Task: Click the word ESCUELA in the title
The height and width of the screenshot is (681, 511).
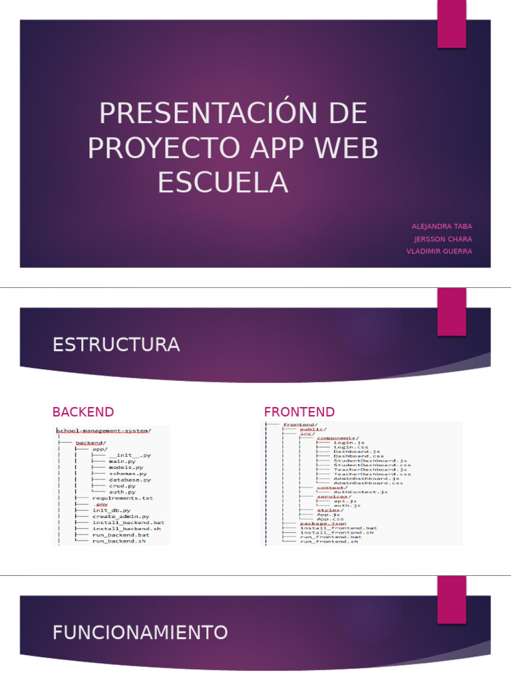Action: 223,182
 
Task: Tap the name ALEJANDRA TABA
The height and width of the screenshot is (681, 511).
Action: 442,227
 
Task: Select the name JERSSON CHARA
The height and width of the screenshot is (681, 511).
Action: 443,239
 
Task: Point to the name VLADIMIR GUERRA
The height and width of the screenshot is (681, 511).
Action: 439,251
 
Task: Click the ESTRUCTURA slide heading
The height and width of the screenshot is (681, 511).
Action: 116,344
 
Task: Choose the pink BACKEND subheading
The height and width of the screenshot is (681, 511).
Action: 83,412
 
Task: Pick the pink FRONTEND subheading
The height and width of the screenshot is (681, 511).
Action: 299,412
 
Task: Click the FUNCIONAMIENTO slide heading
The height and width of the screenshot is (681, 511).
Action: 140,632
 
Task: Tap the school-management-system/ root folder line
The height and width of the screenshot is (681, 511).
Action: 104,430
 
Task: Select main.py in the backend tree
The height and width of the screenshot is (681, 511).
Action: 122,461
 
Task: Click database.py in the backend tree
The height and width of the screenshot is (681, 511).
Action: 130,479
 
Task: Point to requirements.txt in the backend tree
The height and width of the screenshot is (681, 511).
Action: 123,497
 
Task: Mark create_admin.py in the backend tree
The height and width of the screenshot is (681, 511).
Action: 120,516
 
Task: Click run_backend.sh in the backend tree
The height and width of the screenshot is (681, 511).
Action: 119,541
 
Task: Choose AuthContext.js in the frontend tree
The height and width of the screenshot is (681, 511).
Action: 360,492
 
